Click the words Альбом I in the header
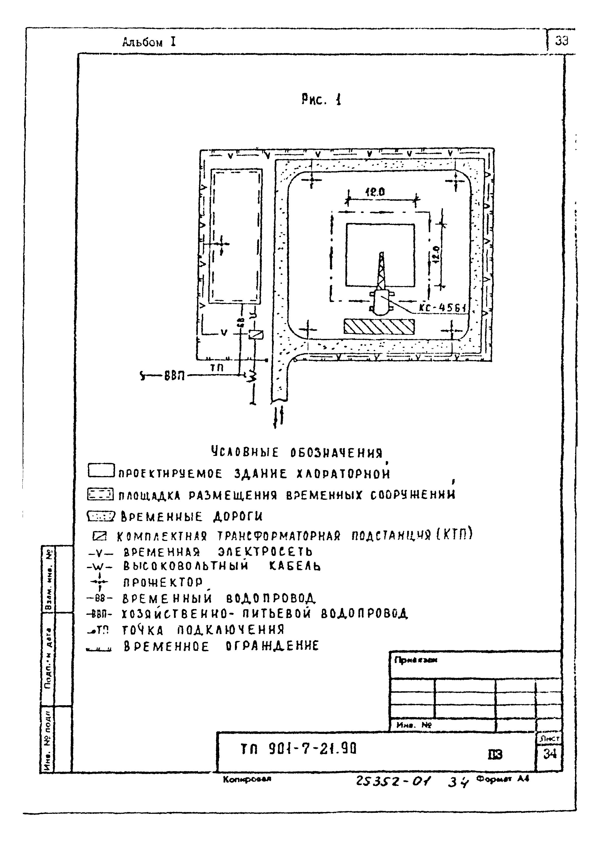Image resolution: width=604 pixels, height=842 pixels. point(149,43)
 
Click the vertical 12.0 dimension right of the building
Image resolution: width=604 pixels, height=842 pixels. point(436,255)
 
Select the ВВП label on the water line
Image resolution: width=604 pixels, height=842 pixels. point(174,376)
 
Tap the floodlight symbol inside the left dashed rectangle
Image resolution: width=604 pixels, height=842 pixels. point(221,244)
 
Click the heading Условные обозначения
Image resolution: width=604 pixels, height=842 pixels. point(296,453)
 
